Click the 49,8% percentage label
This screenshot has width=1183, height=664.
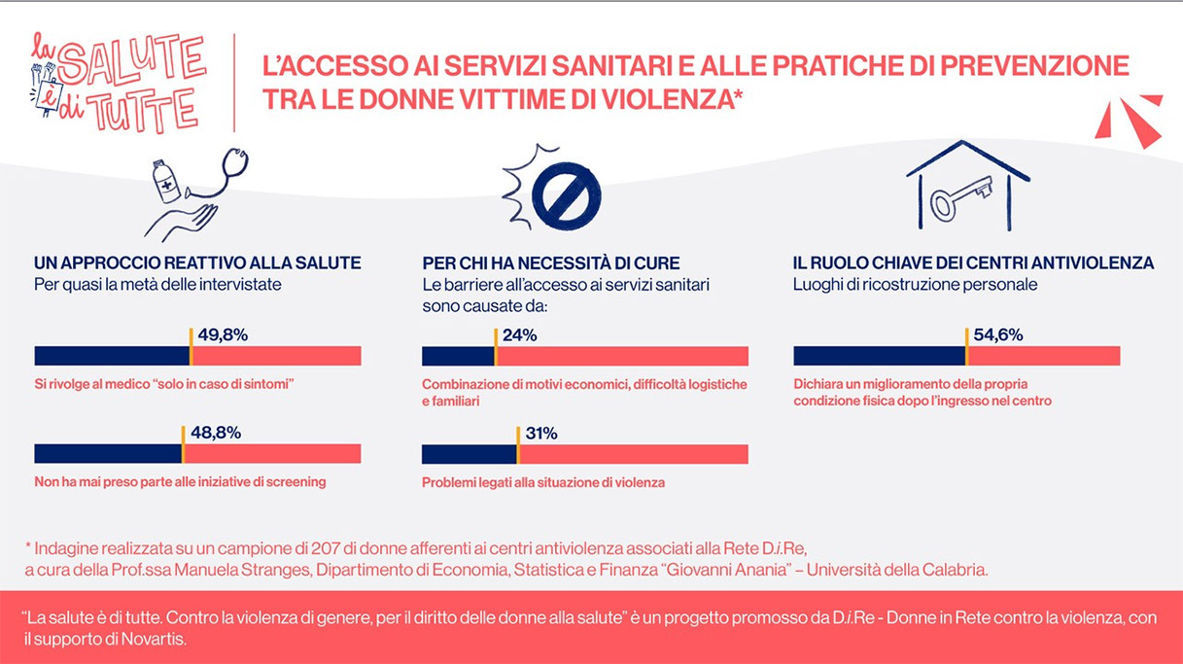[223, 335]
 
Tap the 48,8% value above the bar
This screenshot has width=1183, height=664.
[215, 433]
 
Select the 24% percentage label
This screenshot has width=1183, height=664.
[519, 335]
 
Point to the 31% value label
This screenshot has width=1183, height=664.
[541, 434]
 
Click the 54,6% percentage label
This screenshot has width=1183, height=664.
[997, 335]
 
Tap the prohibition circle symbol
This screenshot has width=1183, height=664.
[566, 195]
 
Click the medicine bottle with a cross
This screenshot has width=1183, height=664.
[167, 182]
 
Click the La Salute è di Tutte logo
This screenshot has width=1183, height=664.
[117, 82]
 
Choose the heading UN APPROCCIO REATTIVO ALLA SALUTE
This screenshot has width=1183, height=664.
[197, 263]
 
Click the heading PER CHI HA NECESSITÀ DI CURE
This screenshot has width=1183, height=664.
[550, 263]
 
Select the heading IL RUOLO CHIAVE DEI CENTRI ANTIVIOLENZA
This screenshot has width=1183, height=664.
[973, 263]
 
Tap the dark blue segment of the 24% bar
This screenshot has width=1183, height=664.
[458, 356]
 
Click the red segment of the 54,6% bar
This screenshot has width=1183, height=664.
[1044, 356]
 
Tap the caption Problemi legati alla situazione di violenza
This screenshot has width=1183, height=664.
[543, 482]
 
